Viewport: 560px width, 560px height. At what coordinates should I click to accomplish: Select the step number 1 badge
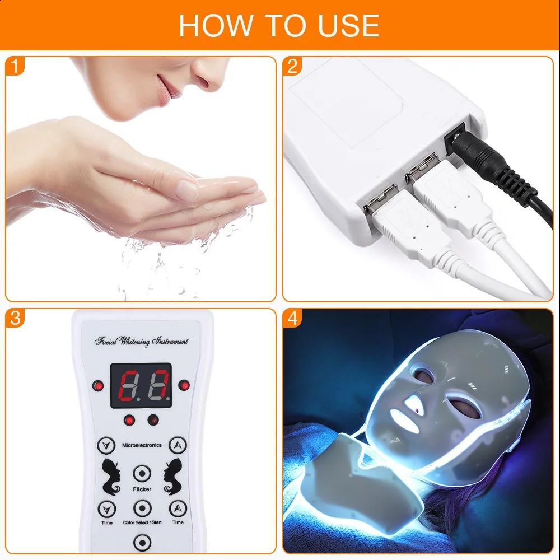16,67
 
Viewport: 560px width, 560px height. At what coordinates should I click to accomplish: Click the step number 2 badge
292,67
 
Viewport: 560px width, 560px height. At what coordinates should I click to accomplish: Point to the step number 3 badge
16,319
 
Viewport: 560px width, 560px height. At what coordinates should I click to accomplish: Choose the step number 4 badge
292,319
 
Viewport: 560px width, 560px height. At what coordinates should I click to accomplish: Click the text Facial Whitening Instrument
141,341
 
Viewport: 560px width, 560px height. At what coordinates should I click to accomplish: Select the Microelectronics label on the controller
142,445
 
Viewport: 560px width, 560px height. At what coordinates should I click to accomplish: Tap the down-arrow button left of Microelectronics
105,446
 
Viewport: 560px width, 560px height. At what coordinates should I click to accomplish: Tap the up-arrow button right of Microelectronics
178,446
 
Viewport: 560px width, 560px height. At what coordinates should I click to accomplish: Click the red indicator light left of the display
99,385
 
